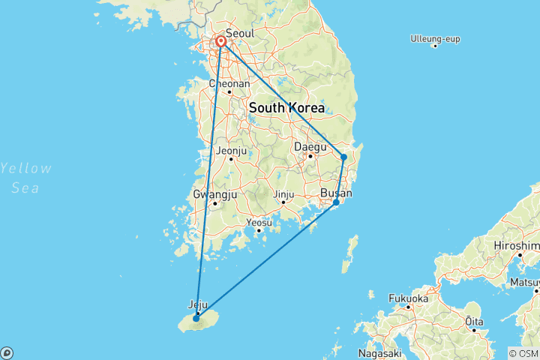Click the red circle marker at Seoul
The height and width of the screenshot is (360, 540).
[x=221, y=42]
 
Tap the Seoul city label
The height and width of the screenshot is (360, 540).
[x=240, y=34]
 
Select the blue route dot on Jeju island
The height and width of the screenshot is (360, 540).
[x=196, y=318]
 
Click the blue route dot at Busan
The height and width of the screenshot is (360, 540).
[x=336, y=202]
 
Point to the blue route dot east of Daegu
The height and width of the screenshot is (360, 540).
[x=343, y=157]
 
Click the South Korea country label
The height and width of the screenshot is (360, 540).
[x=286, y=108]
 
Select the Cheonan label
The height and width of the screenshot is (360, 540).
[x=229, y=84]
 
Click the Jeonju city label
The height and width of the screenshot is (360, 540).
[x=231, y=150]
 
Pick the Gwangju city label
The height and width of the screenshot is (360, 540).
[x=215, y=194]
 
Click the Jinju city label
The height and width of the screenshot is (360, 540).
[x=283, y=194]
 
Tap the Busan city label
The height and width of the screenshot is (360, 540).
[x=335, y=193]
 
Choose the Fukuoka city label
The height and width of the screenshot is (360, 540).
[x=408, y=298]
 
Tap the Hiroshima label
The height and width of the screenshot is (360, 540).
[x=517, y=246]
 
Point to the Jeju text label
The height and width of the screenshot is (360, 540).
[x=197, y=305]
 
